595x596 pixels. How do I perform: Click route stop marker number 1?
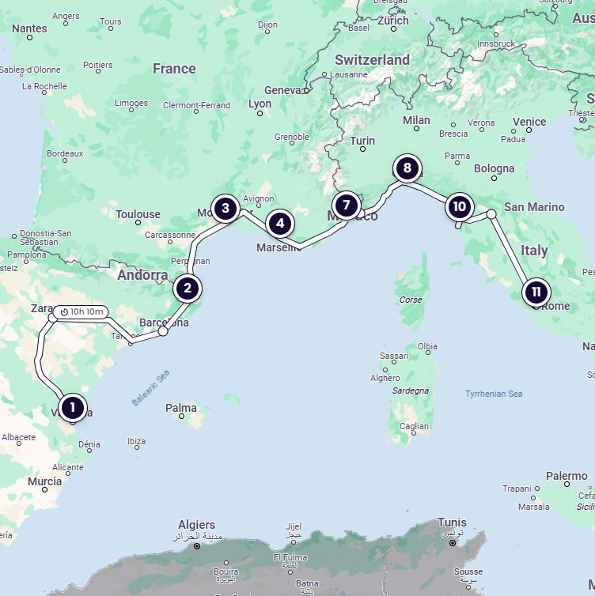point(72,408)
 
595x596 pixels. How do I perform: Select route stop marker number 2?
point(188,289)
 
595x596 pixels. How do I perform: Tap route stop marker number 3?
point(225,209)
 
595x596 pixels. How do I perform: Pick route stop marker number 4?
point(279,224)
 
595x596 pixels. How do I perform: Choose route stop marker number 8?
point(407,168)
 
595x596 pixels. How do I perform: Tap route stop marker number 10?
point(459,208)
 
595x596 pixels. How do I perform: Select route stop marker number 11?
point(536,292)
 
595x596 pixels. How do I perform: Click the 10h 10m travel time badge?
point(82,311)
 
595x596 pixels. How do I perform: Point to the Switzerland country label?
point(372,60)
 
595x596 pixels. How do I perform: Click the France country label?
point(174,69)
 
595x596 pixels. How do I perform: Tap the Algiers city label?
point(196,525)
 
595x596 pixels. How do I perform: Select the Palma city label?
point(181,408)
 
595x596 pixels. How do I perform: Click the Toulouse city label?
point(138,214)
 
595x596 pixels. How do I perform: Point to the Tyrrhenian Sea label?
point(494,394)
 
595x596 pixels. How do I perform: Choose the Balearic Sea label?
point(151,388)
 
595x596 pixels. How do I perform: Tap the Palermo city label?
point(567,476)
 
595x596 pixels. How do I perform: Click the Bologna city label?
point(494,168)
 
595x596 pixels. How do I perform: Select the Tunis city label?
point(452,522)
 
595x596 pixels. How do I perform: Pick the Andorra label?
point(142,276)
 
